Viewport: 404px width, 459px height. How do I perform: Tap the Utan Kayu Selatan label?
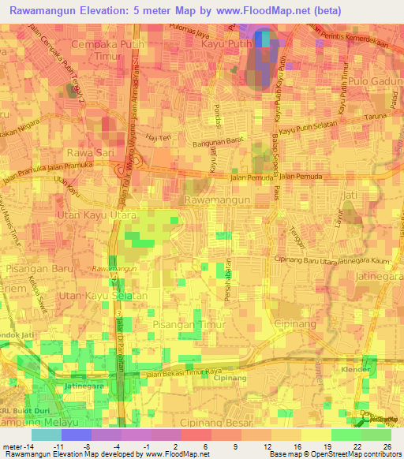107,295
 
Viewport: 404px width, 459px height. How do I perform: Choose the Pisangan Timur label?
190,323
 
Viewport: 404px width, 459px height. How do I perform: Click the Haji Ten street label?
161,137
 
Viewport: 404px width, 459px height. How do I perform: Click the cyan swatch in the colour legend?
46,435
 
